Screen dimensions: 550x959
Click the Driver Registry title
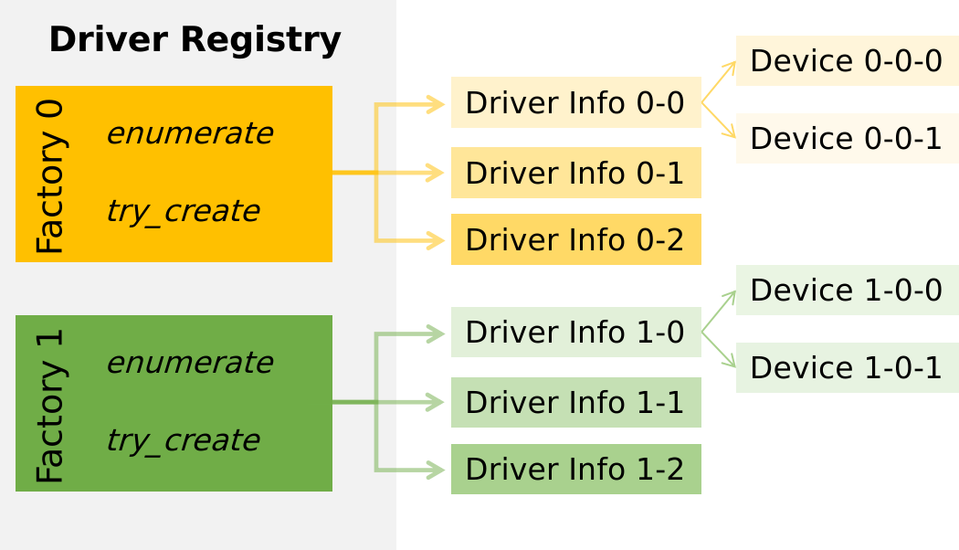click(195, 40)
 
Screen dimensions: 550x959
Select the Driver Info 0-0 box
click(575, 103)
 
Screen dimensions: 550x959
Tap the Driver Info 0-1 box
click(575, 173)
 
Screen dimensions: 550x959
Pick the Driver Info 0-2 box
click(575, 239)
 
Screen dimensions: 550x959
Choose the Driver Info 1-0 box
click(575, 333)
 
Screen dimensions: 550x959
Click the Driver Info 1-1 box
click(575, 402)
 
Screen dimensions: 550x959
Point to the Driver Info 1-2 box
click(575, 469)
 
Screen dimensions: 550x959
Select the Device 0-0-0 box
click(847, 61)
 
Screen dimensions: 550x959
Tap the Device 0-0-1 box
click(847, 138)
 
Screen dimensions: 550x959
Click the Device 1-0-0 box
click(847, 291)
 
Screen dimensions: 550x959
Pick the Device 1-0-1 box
click(847, 367)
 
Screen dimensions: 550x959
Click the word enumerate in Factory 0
click(189, 133)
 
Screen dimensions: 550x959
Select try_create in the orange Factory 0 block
click(183, 211)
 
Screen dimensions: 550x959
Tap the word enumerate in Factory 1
click(189, 363)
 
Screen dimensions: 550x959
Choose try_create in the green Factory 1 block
click(183, 440)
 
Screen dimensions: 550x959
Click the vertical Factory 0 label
click(50, 175)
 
